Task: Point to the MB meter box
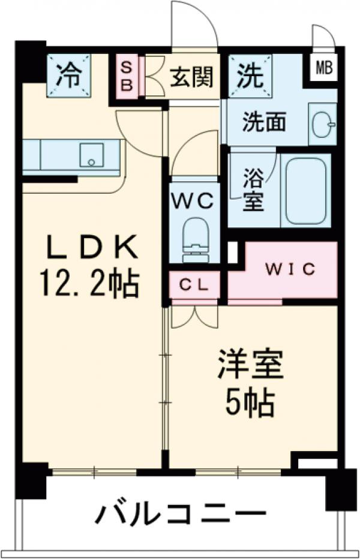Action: [324, 67]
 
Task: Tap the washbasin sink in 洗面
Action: [323, 124]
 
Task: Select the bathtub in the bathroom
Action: [305, 191]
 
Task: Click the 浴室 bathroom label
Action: [253, 191]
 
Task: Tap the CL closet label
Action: [194, 285]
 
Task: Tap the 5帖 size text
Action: [250, 404]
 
